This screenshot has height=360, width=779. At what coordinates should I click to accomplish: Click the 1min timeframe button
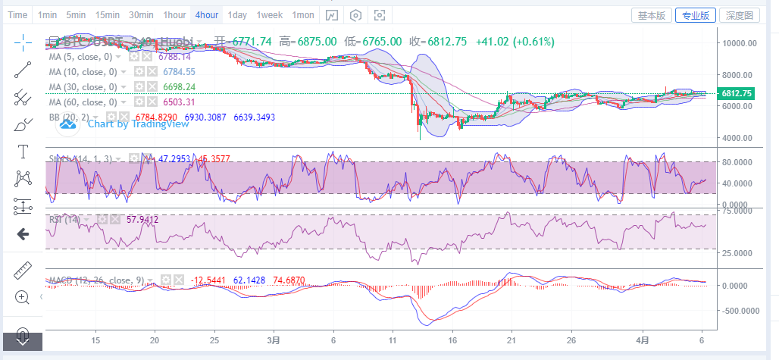(47, 15)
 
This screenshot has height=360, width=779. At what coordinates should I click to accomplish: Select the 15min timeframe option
(107, 15)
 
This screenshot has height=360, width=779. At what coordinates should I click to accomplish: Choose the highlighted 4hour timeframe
(206, 15)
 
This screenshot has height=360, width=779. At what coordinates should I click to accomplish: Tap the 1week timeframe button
(269, 15)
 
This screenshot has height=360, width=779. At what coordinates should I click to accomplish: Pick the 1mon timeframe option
(303, 15)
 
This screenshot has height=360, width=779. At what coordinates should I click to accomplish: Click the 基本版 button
(651, 15)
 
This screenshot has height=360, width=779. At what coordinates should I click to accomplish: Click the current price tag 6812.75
(737, 93)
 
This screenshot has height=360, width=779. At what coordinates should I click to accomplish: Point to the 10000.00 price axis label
(740, 43)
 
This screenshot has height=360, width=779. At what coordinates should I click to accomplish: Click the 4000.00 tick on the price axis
(740, 138)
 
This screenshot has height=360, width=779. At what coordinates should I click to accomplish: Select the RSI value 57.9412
(142, 220)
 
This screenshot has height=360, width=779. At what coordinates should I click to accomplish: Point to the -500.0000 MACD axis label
(741, 311)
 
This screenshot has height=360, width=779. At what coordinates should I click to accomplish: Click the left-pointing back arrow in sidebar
(23, 234)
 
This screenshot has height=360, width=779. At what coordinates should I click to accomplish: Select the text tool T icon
(23, 152)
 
